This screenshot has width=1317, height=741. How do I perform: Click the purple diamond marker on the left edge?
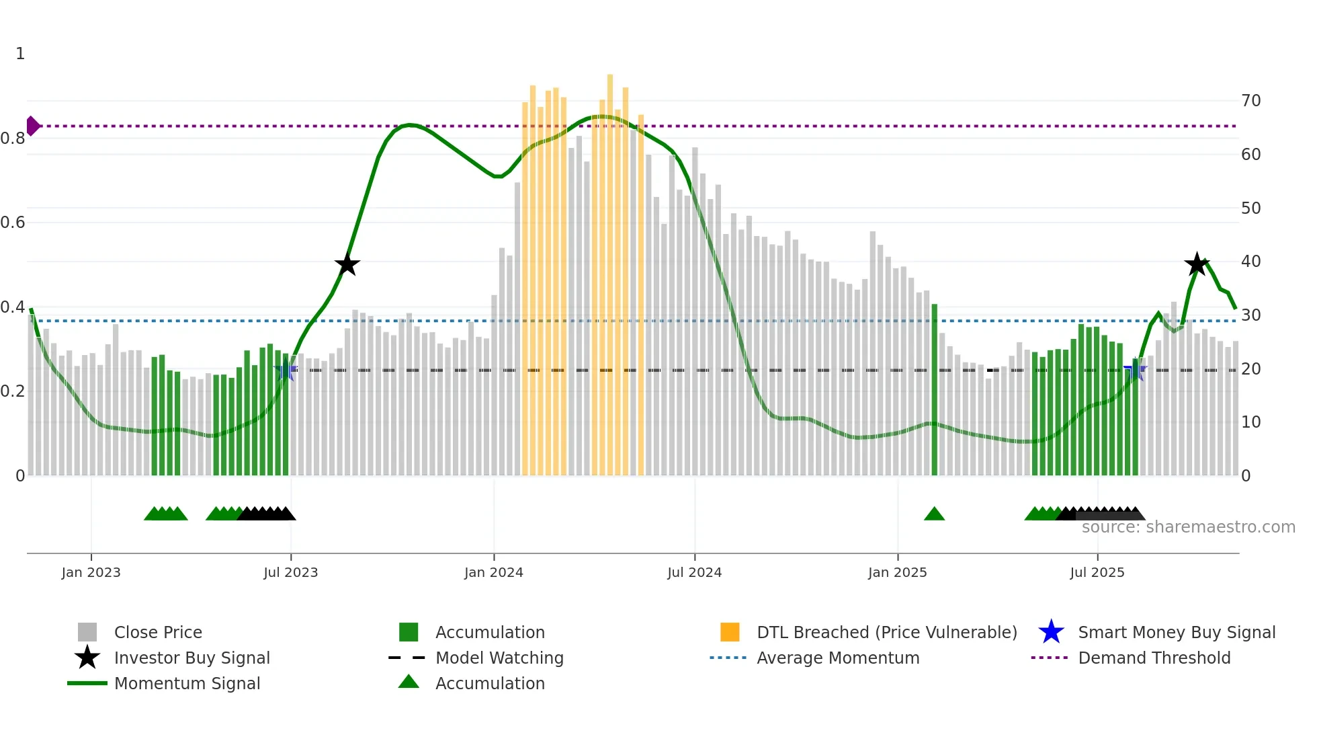(32, 126)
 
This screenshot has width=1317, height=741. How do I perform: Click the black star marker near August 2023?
(347, 265)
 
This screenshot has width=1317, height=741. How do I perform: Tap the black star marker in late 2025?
(1196, 264)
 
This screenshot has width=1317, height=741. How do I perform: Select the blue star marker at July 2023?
(286, 370)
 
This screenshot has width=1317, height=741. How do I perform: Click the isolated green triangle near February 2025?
(934, 514)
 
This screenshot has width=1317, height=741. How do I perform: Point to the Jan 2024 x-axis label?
(493, 572)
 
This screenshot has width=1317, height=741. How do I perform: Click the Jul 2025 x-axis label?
(1097, 572)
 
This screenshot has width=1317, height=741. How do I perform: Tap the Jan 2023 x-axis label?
(91, 572)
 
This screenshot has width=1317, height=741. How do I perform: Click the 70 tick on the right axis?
(1250, 101)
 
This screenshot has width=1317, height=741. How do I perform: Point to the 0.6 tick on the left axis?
(13, 223)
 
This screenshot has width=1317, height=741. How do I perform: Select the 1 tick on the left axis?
(20, 54)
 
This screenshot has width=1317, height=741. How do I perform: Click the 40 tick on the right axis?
(1250, 262)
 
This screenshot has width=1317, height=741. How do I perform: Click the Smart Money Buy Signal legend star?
(1051, 632)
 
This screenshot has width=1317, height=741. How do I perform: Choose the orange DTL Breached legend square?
(730, 632)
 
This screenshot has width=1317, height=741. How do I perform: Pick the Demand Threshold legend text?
(1154, 658)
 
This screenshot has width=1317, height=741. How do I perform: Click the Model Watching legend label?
(499, 658)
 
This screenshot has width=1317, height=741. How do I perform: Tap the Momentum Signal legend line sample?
(87, 683)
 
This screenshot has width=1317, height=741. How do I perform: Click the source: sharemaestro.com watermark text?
(1188, 527)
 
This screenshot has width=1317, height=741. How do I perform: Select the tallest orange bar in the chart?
(610, 269)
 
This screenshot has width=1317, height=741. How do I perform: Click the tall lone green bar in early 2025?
(934, 390)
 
